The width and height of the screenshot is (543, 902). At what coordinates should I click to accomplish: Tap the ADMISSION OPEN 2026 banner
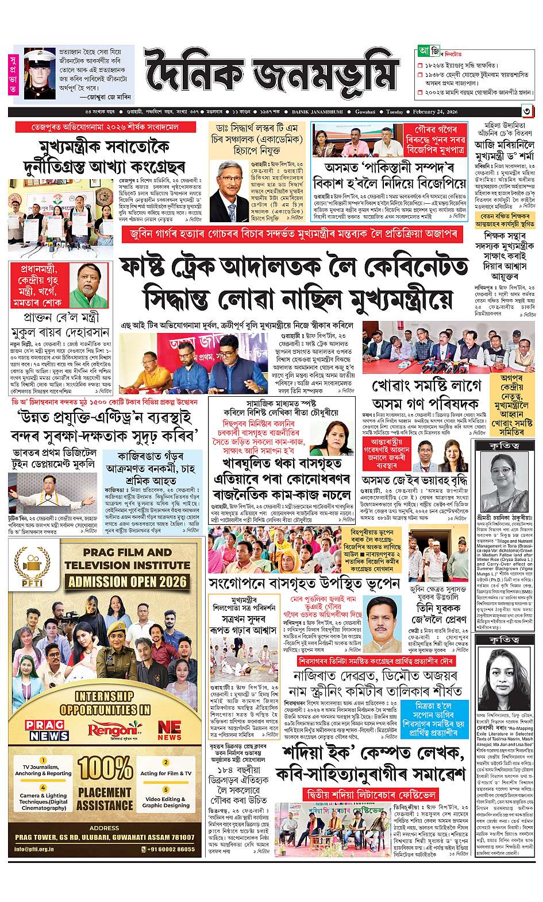coord(128,581)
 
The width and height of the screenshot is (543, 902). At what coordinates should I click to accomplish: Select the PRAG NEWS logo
coord(47,730)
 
